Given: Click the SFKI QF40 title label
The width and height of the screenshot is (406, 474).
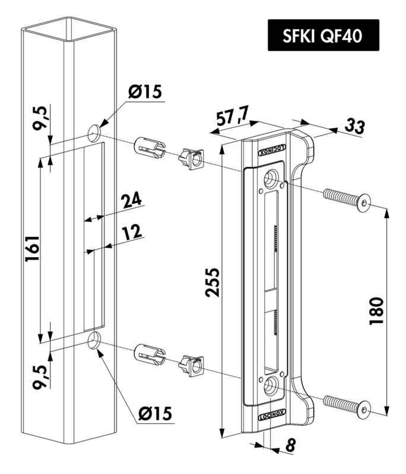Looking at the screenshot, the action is coord(323,35).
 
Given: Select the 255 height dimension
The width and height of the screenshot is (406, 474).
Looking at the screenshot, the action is coord(212,283).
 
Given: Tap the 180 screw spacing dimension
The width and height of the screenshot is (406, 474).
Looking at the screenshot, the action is coord(376,310).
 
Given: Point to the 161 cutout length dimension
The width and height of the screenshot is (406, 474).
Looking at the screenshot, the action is coord(33,248).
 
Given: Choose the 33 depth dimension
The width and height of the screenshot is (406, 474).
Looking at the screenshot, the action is coord(355,126).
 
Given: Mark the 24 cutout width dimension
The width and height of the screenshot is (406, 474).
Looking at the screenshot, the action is coord(131,201).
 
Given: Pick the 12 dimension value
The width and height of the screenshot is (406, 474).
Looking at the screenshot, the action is coord(132,232).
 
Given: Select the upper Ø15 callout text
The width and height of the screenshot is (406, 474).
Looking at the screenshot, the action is coord(145,91).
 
